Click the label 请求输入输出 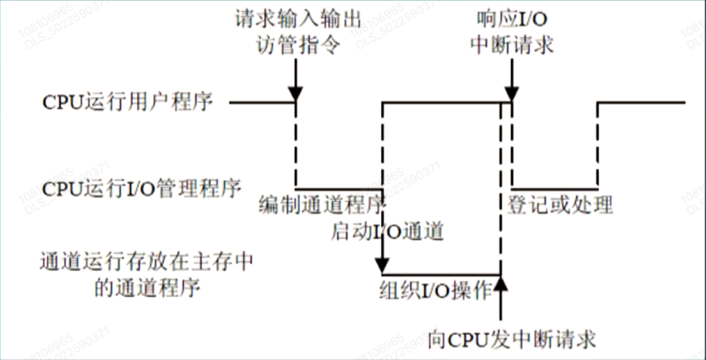297,20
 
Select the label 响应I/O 513,20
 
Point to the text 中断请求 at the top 513,45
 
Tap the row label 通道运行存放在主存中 146,263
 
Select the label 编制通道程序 322,206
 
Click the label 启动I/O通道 387,232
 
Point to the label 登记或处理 560,205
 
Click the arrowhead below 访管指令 296,93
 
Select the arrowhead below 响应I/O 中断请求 512,93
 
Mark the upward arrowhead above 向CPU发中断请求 500,284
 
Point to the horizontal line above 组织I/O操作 441,274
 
